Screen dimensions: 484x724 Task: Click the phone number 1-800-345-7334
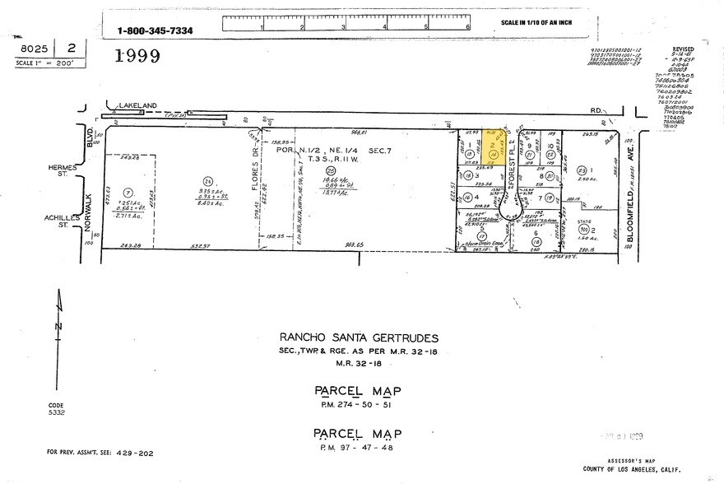coord(155,30)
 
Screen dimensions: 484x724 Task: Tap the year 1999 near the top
coord(137,56)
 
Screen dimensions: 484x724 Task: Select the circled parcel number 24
coord(208,180)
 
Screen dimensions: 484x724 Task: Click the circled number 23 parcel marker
coord(581,170)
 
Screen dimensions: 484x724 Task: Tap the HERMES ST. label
coord(63,170)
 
